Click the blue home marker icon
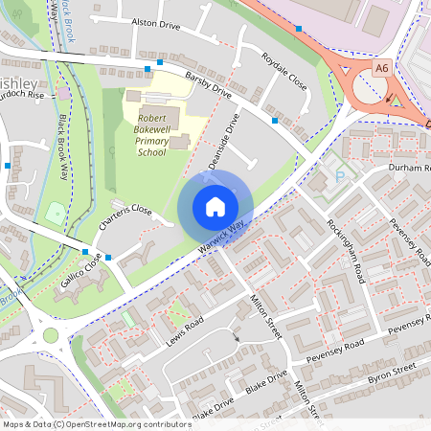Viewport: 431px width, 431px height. click(x=215, y=206)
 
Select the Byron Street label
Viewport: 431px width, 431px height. click(x=393, y=373)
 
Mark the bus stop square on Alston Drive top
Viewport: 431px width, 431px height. click(x=299, y=29)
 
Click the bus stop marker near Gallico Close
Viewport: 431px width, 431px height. click(x=108, y=257)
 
